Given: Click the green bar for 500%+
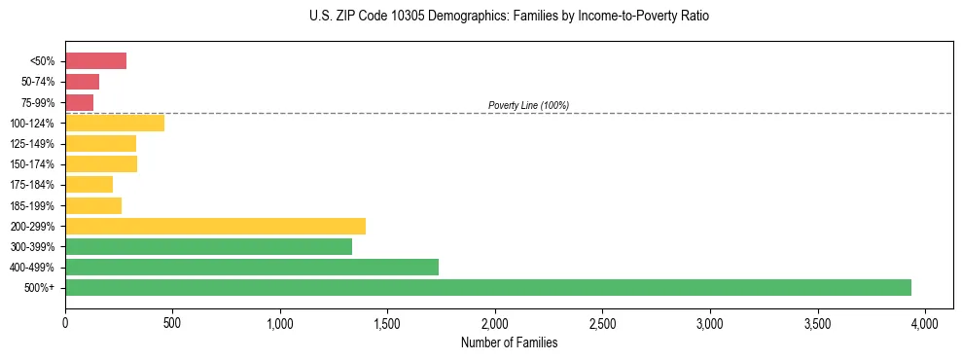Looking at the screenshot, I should (x=487, y=287).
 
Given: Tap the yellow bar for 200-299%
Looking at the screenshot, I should (x=215, y=226).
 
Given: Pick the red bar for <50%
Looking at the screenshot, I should (x=95, y=61).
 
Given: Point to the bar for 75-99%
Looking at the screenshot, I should (x=79, y=102).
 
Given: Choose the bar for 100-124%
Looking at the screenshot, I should (x=114, y=123).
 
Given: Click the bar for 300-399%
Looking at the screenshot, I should (x=208, y=246).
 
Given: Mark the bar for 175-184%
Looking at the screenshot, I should (x=89, y=185).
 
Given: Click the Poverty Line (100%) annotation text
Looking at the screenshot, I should (x=528, y=105).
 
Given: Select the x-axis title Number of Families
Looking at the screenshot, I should (x=509, y=342).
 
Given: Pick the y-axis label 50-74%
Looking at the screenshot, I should (x=40, y=82).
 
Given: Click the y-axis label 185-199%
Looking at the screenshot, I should (x=36, y=205).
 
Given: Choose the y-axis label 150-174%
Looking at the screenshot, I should (x=36, y=164).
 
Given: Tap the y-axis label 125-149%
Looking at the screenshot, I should (x=36, y=144).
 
